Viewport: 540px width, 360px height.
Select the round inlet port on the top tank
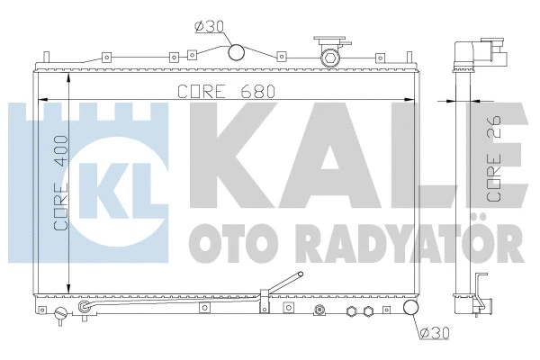tap(237, 53)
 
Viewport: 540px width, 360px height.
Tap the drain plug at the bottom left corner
tap(60, 315)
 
